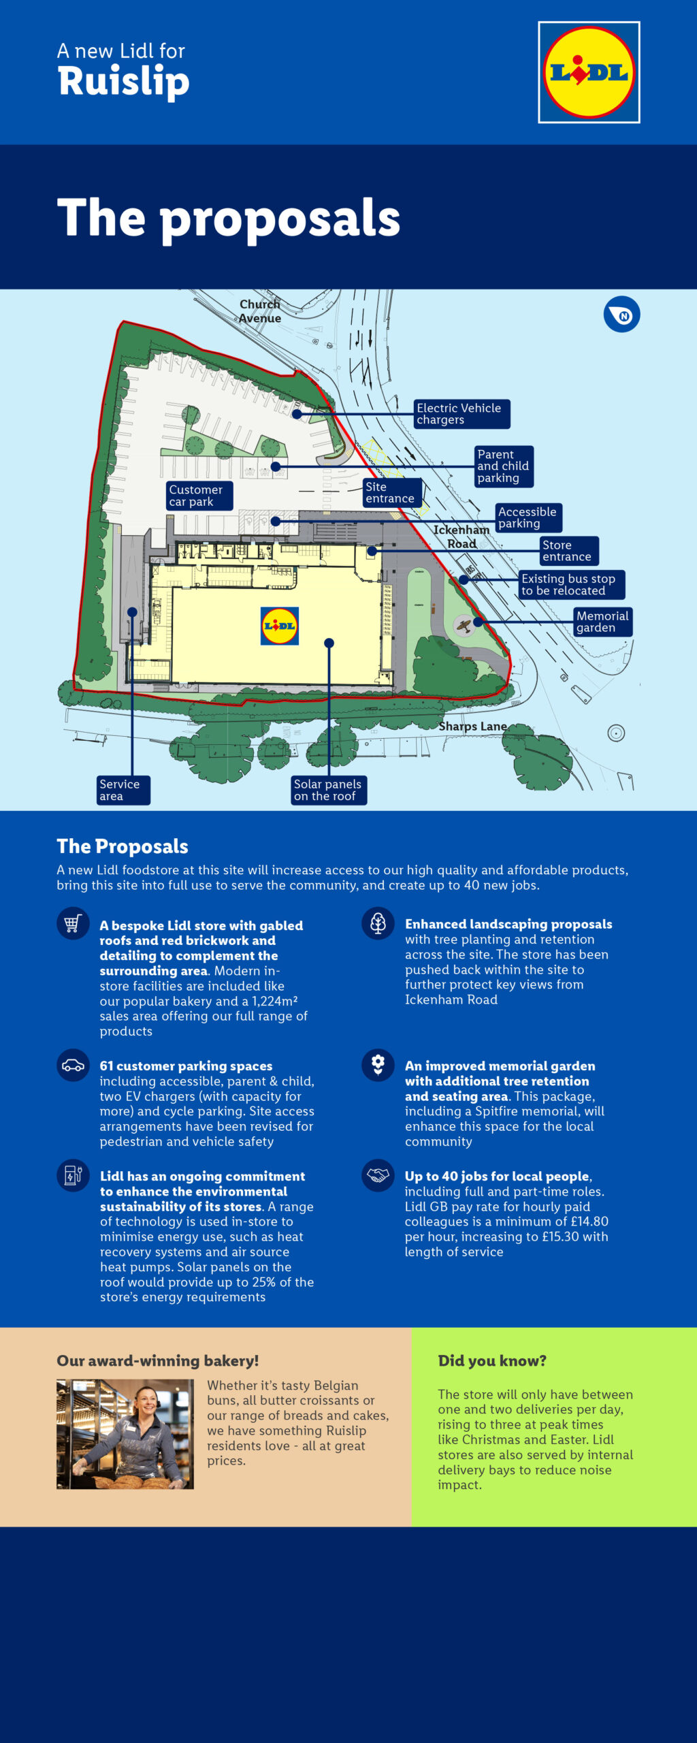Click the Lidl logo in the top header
589,72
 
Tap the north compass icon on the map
621,315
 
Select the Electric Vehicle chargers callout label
461,414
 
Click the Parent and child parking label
504,466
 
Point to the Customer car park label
199,496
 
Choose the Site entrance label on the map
393,492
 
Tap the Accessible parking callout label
528,517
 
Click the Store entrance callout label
569,551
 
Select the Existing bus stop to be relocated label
571,585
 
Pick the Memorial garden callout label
603,622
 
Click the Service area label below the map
123,790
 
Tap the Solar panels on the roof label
329,790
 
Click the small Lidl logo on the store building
280,626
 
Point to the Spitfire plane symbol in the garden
464,624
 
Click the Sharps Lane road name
473,726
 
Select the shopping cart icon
73,924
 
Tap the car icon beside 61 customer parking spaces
73,1066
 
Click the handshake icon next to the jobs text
378,1175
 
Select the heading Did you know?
492,1360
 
